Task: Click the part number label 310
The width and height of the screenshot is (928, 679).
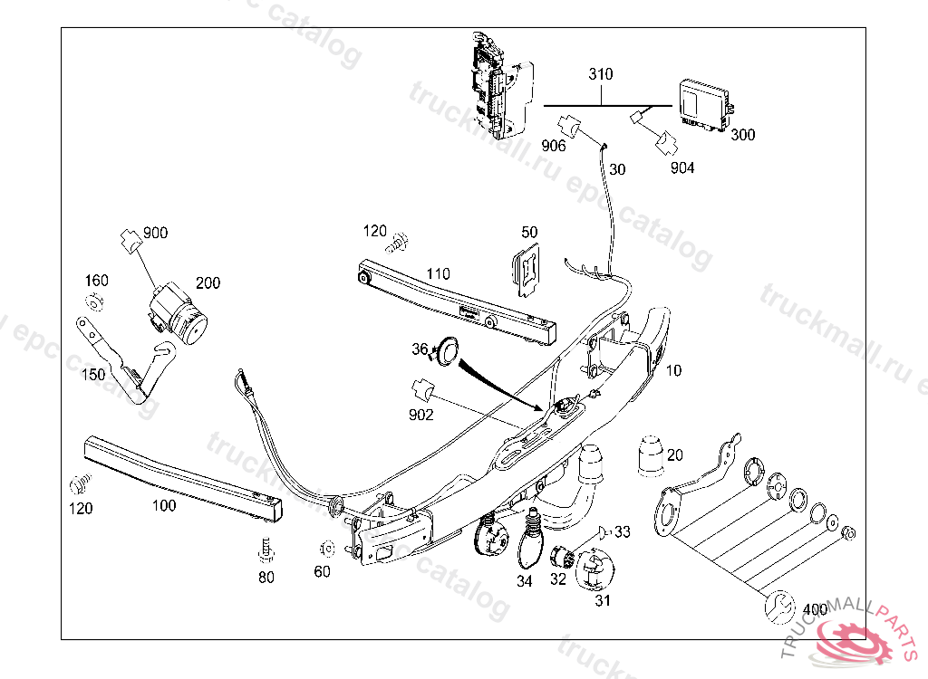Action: (600, 73)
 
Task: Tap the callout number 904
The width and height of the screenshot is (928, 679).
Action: (682, 167)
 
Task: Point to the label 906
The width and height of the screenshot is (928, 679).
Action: (555, 146)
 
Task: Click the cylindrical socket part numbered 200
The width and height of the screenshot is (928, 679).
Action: (178, 316)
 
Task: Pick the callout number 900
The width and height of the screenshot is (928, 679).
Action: (155, 233)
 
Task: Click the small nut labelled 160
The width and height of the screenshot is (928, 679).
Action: (95, 301)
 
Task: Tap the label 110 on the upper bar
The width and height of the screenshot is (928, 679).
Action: (438, 274)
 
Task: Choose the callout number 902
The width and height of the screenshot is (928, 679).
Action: (420, 416)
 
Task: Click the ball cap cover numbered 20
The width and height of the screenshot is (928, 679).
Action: (651, 455)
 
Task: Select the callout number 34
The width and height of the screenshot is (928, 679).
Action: (525, 581)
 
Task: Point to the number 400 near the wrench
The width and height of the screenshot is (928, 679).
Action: (815, 609)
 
